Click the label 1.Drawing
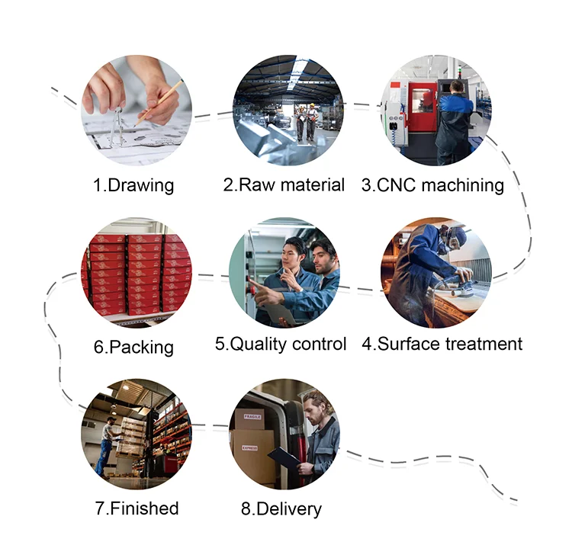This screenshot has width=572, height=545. click(134, 184)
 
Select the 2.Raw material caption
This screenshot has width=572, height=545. click(284, 184)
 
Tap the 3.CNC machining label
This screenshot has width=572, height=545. click(432, 184)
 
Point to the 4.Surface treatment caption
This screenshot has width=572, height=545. click(442, 343)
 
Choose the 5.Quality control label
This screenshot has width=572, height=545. click(281, 343)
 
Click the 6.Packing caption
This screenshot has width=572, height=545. click(134, 347)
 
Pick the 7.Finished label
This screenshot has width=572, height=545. click(137, 508)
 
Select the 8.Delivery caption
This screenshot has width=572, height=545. click(281, 508)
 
